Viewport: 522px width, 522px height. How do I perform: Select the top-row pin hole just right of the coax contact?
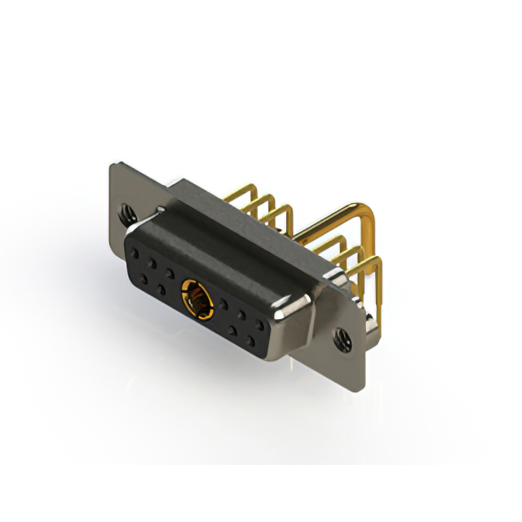point(223,302)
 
